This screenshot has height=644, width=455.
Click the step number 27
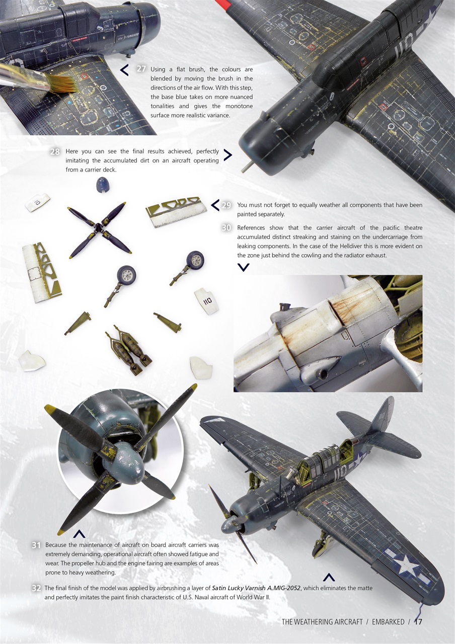tap(141, 69)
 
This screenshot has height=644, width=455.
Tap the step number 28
tap(56, 151)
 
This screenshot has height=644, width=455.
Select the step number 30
tap(226, 228)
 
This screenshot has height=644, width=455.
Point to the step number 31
tap(36, 545)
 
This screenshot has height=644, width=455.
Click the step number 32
tap(36, 588)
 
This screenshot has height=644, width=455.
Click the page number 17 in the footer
tap(418, 621)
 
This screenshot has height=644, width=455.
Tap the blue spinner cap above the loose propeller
tap(102, 186)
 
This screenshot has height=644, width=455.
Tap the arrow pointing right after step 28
tap(227, 155)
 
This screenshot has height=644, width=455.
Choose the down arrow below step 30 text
tap(243, 268)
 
